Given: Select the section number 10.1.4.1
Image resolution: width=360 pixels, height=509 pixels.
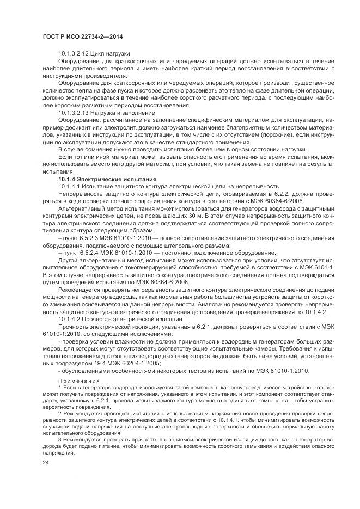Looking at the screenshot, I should point(70,186).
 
